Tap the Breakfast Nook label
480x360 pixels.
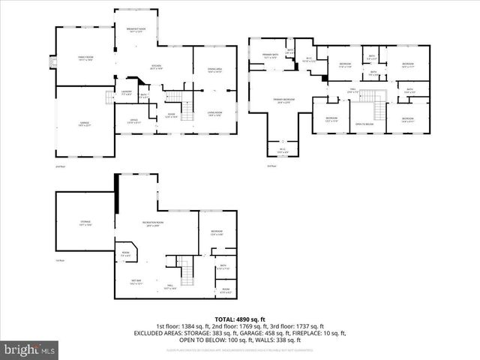[136, 31]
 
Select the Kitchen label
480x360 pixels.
[155, 67]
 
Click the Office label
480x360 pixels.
[133, 120]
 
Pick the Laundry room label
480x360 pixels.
[127, 93]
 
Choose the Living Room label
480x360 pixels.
[215, 114]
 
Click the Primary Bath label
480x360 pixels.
[269, 55]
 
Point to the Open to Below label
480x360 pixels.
[364, 124]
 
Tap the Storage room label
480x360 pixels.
[85, 223]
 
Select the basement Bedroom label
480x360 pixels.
[216, 232]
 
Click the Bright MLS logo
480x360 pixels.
[30, 349]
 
